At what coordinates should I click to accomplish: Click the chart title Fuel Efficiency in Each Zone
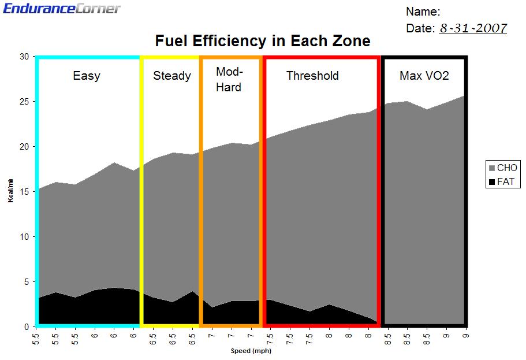263,42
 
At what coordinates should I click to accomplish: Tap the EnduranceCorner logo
62,8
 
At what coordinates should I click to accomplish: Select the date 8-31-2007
473,28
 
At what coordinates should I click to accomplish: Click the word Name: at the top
423,12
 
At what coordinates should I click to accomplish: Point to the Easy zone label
86,76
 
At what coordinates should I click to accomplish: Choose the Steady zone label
171,76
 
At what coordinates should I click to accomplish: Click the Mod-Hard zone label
229,80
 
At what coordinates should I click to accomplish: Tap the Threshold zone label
312,76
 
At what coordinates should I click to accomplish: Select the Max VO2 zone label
424,76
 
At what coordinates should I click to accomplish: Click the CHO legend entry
502,168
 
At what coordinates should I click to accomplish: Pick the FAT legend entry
502,182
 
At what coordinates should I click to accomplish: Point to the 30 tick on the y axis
24,57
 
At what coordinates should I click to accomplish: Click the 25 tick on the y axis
24,102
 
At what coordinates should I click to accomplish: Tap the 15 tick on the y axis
24,192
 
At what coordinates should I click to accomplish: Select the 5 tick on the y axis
26,282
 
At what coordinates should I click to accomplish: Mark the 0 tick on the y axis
26,327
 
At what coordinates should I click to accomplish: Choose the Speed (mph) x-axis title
251,351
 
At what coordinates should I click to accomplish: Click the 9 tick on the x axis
465,334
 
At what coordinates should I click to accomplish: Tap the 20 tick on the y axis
24,147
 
